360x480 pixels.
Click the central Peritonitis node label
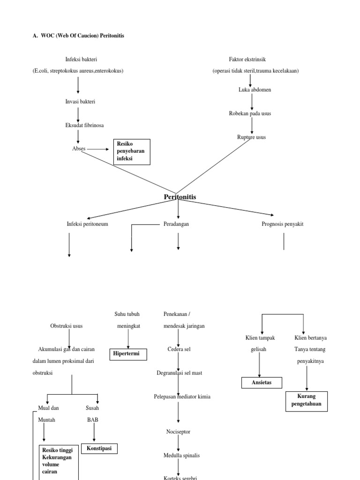point(180,197)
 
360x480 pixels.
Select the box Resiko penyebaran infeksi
point(131,152)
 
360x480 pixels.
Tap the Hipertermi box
point(128,354)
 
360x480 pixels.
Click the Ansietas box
point(262,383)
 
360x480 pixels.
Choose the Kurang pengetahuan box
point(307,401)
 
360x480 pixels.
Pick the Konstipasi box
point(100,449)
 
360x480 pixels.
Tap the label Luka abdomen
point(255,90)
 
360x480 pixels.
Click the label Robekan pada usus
point(250,113)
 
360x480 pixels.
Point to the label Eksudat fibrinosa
point(84,125)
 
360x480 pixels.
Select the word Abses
point(79,149)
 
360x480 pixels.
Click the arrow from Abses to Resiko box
point(98,149)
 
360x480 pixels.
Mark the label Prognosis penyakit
point(282,224)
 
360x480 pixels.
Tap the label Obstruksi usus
point(67,326)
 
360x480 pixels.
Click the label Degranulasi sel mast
point(180,373)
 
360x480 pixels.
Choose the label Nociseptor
point(178,432)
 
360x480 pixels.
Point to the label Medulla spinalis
point(178,455)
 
